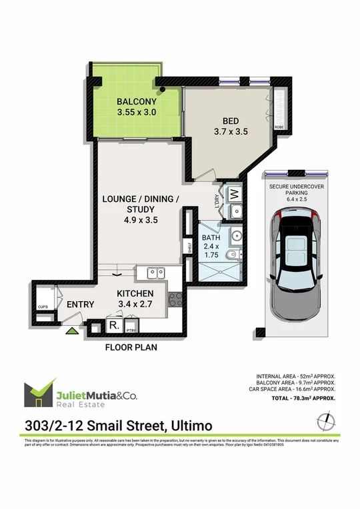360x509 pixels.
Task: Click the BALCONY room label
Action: coord(136,102)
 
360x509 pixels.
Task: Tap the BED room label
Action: coord(231,121)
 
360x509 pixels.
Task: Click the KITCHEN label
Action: coord(135,294)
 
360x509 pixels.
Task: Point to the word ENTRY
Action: coord(79,304)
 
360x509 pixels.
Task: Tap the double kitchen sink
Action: coord(155,272)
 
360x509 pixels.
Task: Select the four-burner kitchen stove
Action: coord(175,300)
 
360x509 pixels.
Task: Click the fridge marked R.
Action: coord(113,326)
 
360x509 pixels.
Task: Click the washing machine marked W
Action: coord(235,195)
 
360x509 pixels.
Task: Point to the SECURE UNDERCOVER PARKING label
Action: coord(297,191)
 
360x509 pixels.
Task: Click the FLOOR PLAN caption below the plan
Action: coord(129,347)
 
